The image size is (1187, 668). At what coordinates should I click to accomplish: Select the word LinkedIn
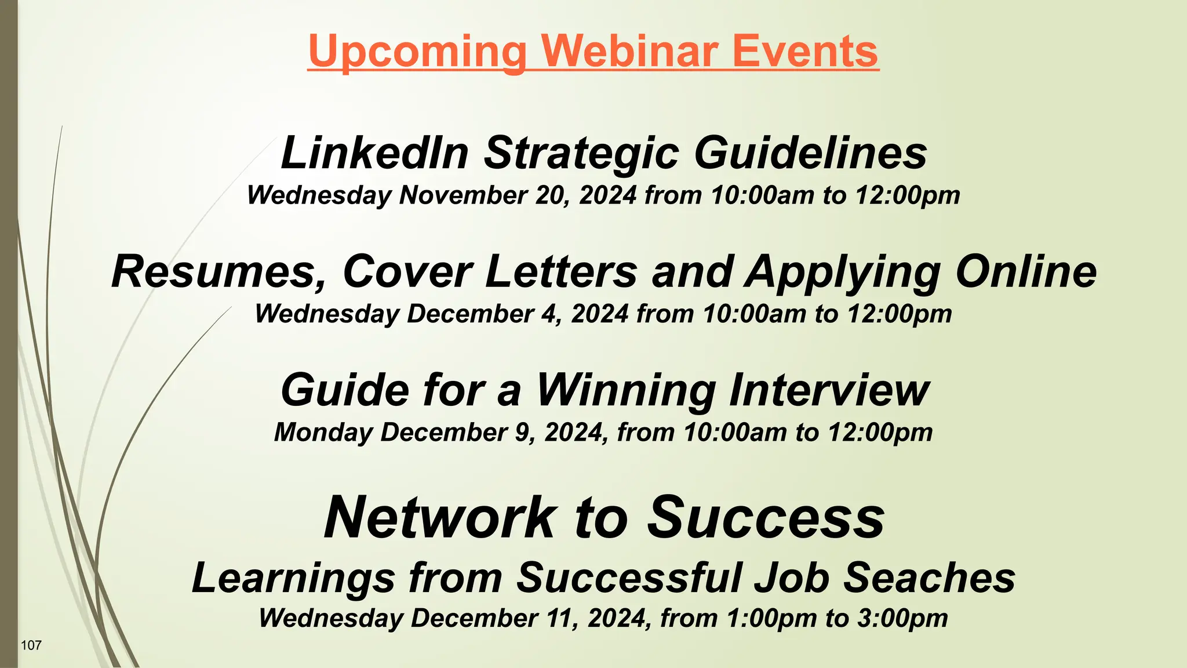coord(374,153)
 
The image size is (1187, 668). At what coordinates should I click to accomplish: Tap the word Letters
coord(561,271)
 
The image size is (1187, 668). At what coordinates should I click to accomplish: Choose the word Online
coord(1026,271)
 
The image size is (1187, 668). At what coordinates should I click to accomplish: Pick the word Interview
coord(829,390)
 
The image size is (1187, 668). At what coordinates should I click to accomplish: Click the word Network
coord(439,517)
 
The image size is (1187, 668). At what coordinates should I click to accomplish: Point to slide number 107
coord(31,645)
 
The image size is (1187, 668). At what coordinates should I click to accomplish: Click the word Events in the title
coord(805,51)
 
